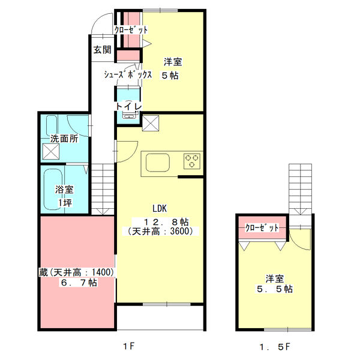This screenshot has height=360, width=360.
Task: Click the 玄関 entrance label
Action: click(x=101, y=50)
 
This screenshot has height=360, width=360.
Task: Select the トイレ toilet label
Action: click(x=128, y=106)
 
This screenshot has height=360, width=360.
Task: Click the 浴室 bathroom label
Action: click(x=64, y=189)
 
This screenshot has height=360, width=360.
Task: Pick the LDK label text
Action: click(x=159, y=209)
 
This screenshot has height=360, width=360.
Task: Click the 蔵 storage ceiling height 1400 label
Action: click(x=76, y=272)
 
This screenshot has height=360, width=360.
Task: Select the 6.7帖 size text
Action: click(x=77, y=283)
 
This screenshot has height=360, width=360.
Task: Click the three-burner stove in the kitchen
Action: click(x=192, y=160)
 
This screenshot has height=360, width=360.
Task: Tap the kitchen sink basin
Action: click(x=157, y=162)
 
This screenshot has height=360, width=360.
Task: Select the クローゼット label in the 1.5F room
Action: click(x=262, y=228)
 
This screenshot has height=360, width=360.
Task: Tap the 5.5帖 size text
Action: click(x=275, y=289)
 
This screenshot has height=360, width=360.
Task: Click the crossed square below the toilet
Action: click(x=150, y=124)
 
